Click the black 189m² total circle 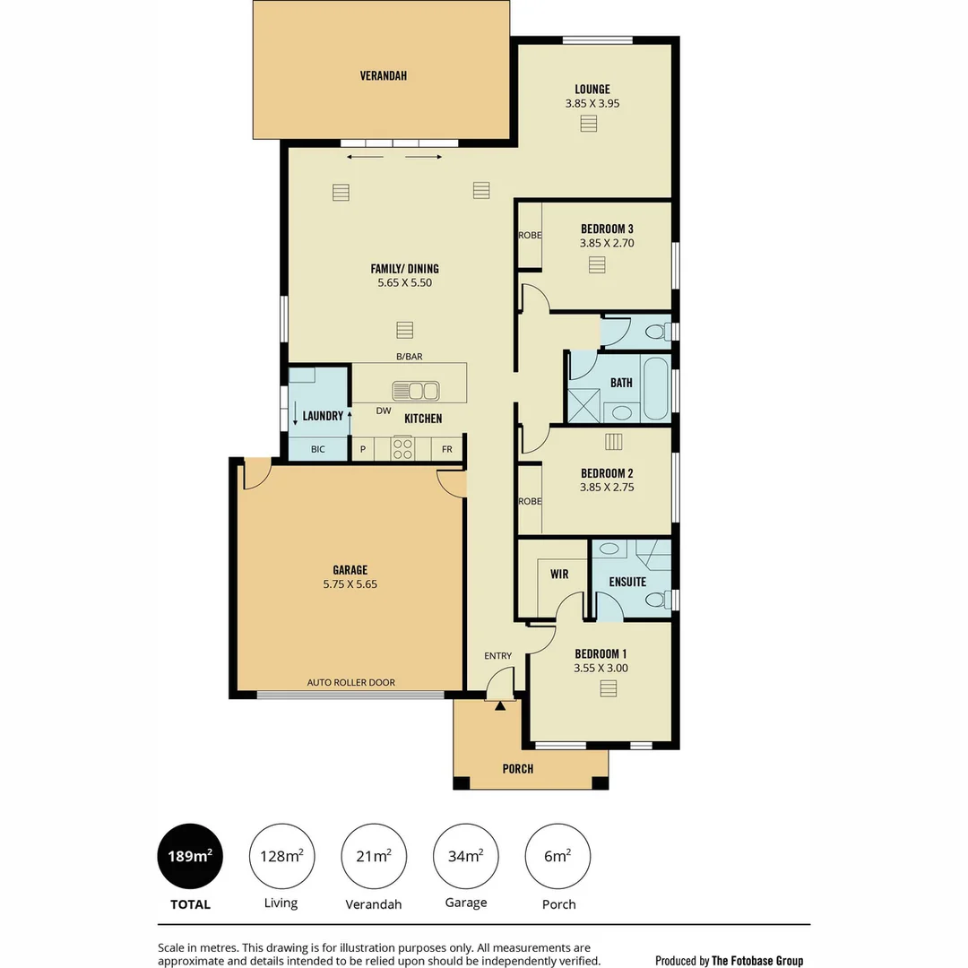(190, 856)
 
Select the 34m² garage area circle (465, 856)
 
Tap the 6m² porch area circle (557, 856)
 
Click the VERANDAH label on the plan (384, 76)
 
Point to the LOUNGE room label (592, 89)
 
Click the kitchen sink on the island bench (416, 391)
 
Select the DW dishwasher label (384, 411)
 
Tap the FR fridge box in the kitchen (446, 449)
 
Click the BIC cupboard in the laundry (318, 449)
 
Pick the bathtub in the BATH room (656, 388)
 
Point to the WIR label (559, 575)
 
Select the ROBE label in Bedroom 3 (530, 236)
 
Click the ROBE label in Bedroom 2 (530, 501)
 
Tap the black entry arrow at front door (500, 706)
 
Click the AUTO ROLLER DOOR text (350, 682)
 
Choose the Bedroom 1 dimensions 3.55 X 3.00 (601, 668)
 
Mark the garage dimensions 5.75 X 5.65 (350, 583)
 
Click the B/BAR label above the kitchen (409, 357)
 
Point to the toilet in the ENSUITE (656, 600)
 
